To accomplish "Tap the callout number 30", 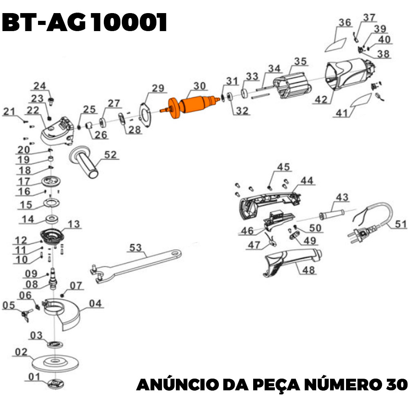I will [200, 86].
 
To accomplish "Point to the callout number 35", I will [300, 62].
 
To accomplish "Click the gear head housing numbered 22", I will [57, 130].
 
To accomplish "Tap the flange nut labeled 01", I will [54, 383].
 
